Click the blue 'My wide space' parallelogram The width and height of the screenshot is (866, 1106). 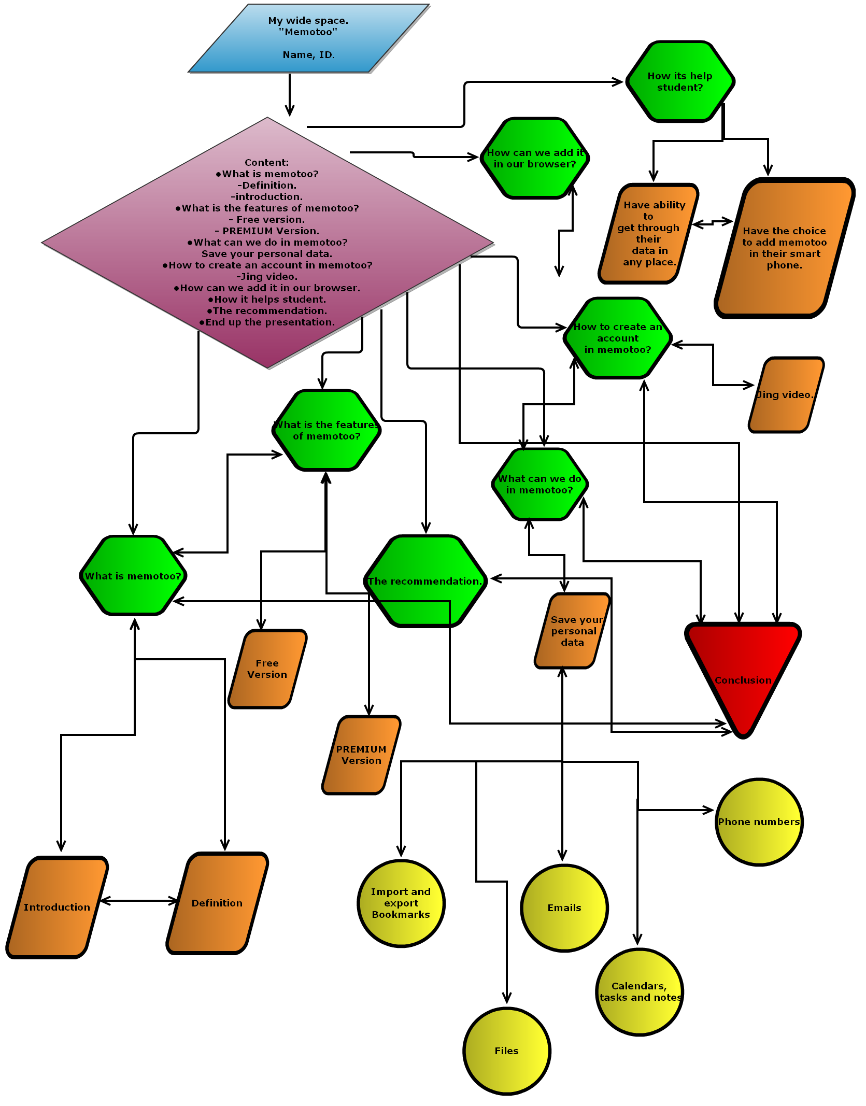click(309, 38)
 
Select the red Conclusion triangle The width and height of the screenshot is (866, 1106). click(743, 669)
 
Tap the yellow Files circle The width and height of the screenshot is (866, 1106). click(506, 1051)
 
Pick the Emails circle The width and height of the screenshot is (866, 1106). click(564, 908)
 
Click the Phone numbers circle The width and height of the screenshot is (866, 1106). click(759, 822)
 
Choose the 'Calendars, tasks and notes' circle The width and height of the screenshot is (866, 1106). click(639, 992)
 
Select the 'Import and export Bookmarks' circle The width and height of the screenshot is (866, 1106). click(401, 903)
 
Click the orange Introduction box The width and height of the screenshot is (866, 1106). click(57, 907)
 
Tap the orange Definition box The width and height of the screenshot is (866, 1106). click(217, 903)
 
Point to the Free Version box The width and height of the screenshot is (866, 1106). click(267, 669)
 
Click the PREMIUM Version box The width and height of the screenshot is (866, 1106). click(361, 755)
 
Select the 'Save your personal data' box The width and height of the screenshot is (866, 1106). click(573, 631)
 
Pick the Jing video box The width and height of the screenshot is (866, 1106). click(786, 394)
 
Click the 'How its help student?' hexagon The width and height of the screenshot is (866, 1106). click(680, 82)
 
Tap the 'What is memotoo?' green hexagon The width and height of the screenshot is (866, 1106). click(133, 576)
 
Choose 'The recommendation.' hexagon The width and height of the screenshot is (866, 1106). click(425, 581)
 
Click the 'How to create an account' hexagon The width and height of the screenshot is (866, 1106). click(617, 338)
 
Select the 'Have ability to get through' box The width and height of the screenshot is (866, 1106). click(649, 234)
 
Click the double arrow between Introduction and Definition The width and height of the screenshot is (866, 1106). click(139, 901)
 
